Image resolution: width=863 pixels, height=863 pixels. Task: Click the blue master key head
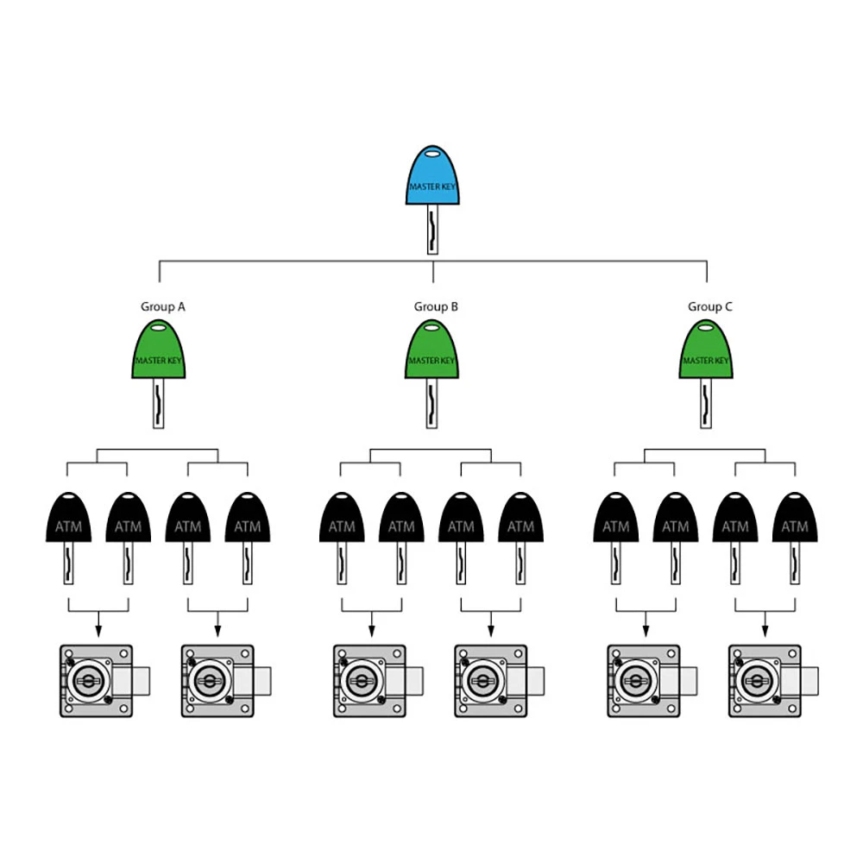coord(432,175)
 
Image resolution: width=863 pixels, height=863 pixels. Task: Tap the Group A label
coord(163,306)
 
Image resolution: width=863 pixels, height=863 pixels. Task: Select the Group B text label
coord(436,306)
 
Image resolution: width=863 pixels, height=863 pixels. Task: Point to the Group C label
coord(710,306)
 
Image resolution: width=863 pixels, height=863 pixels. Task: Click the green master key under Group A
coord(159,374)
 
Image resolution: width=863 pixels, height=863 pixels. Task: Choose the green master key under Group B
coord(432,374)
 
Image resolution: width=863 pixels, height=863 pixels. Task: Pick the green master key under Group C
coord(706,374)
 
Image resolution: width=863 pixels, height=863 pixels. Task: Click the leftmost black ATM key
coord(68,538)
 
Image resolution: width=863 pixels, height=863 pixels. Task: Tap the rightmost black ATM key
coord(795,538)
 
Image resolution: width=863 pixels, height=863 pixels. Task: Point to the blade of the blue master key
coord(432,230)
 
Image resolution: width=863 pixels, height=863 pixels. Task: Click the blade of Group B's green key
coord(432,403)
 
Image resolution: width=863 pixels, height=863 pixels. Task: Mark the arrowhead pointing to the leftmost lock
coord(98,632)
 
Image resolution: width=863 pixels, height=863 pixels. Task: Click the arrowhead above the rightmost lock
coord(765,632)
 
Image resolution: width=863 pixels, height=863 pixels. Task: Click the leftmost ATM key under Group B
coord(342,538)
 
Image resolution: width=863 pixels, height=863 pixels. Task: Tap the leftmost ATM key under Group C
coord(616,538)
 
